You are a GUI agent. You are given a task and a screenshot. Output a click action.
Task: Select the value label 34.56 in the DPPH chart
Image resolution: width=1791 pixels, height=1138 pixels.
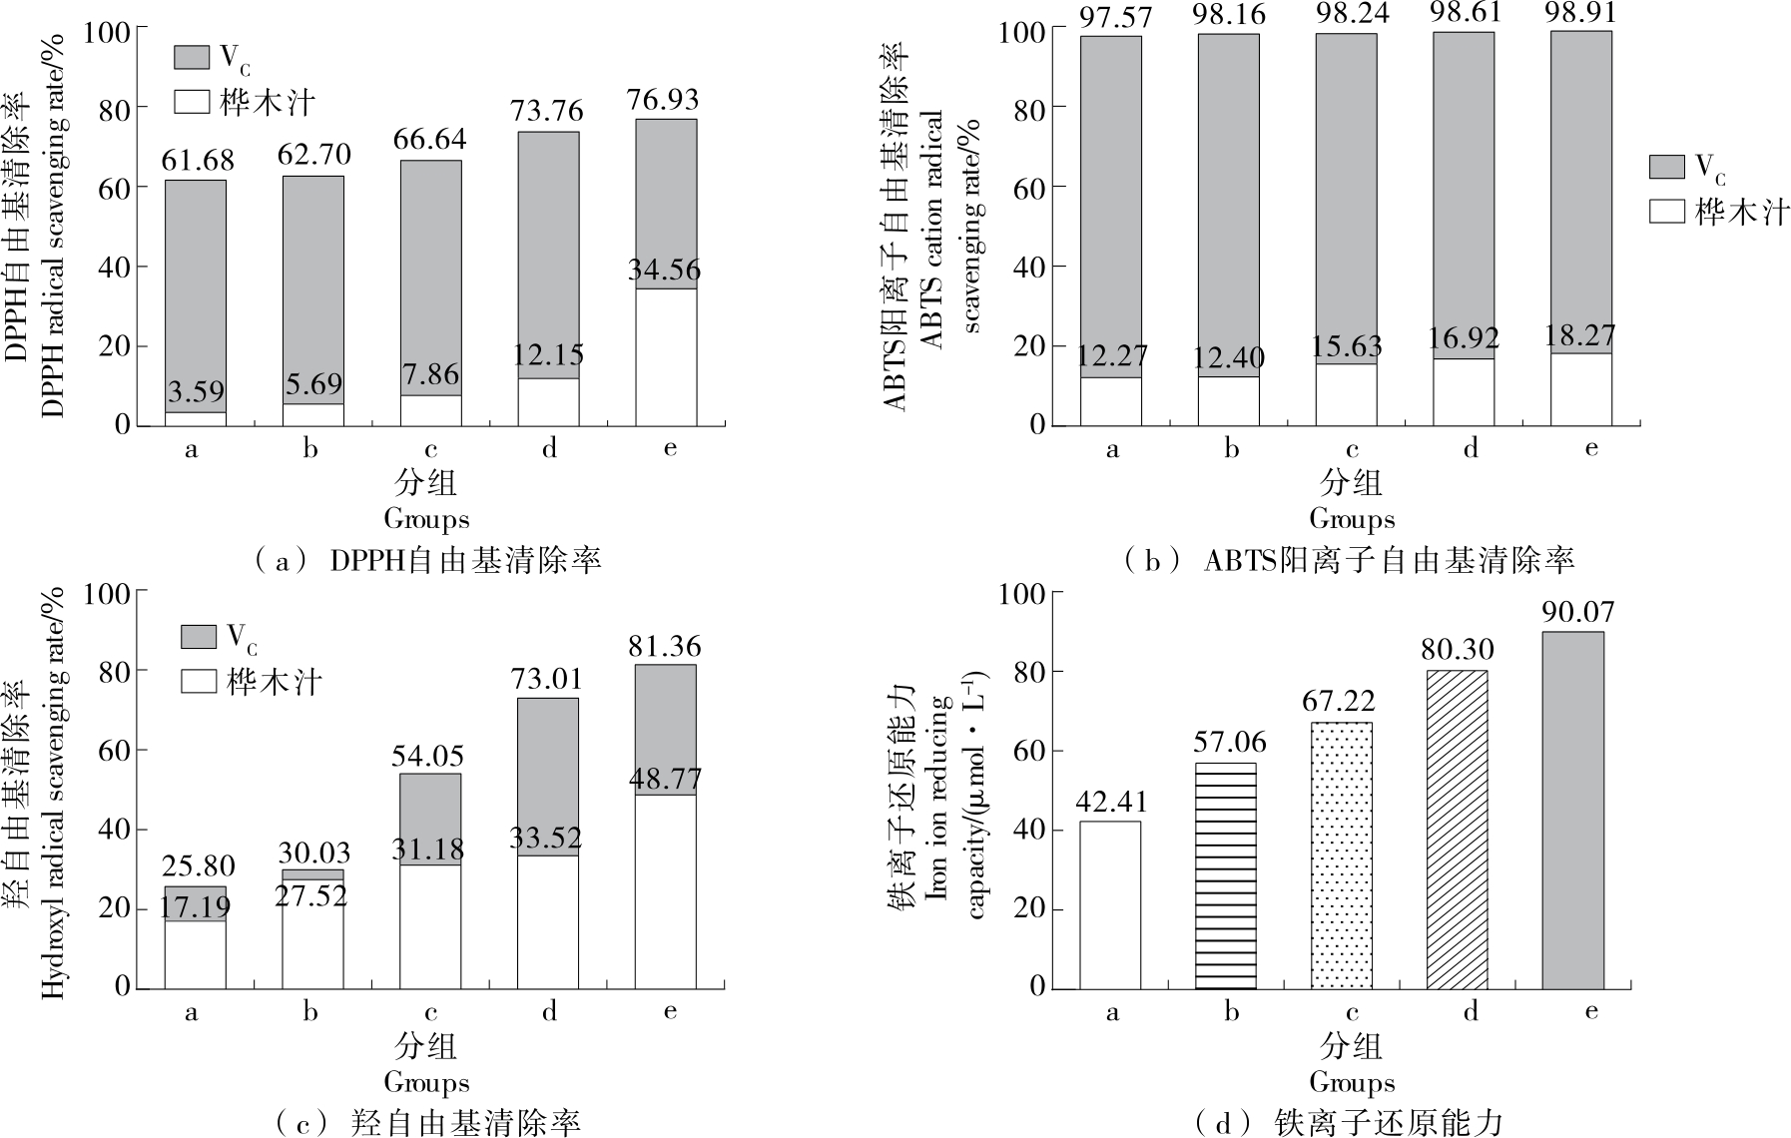664,270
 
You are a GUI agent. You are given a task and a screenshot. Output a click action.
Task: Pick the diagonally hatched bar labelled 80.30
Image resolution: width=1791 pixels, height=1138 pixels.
1457,830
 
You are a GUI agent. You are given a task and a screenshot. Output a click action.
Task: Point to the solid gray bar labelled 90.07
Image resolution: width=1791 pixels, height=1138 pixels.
1572,810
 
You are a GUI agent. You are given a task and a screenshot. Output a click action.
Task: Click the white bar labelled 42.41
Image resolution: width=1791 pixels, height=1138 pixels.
1109,904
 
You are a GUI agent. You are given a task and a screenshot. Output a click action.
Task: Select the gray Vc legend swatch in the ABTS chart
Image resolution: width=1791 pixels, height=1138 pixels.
1666,166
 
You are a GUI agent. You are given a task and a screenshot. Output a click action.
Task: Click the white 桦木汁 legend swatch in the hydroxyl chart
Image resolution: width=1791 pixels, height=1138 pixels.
198,682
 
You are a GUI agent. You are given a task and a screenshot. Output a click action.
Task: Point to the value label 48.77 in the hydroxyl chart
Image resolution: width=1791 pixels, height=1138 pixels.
666,779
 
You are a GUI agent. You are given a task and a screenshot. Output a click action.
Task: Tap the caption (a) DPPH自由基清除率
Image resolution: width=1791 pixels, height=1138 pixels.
429,560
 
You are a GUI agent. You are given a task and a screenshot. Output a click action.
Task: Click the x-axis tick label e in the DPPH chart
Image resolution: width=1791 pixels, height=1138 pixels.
669,448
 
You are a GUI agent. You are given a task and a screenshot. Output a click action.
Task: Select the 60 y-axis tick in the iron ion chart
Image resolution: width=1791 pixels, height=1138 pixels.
1035,751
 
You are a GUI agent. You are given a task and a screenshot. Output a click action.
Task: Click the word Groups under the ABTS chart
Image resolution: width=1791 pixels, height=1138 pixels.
1352,519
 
